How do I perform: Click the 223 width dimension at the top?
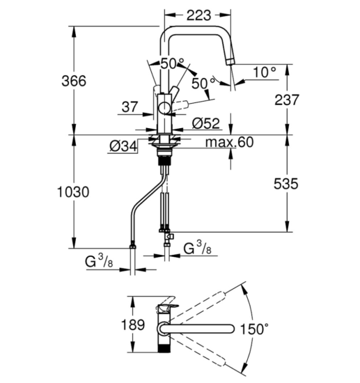tap(198, 15)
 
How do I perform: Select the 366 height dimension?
tap(74, 81)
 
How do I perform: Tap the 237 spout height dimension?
tap(287, 100)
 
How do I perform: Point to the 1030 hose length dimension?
tap(73, 191)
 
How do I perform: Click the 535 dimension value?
tap(285, 184)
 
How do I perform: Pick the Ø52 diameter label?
tap(206, 123)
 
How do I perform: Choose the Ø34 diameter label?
tap(123, 146)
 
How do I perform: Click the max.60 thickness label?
tap(230, 142)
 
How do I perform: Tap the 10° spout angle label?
tap(265, 72)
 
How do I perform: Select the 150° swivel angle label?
tap(254, 329)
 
